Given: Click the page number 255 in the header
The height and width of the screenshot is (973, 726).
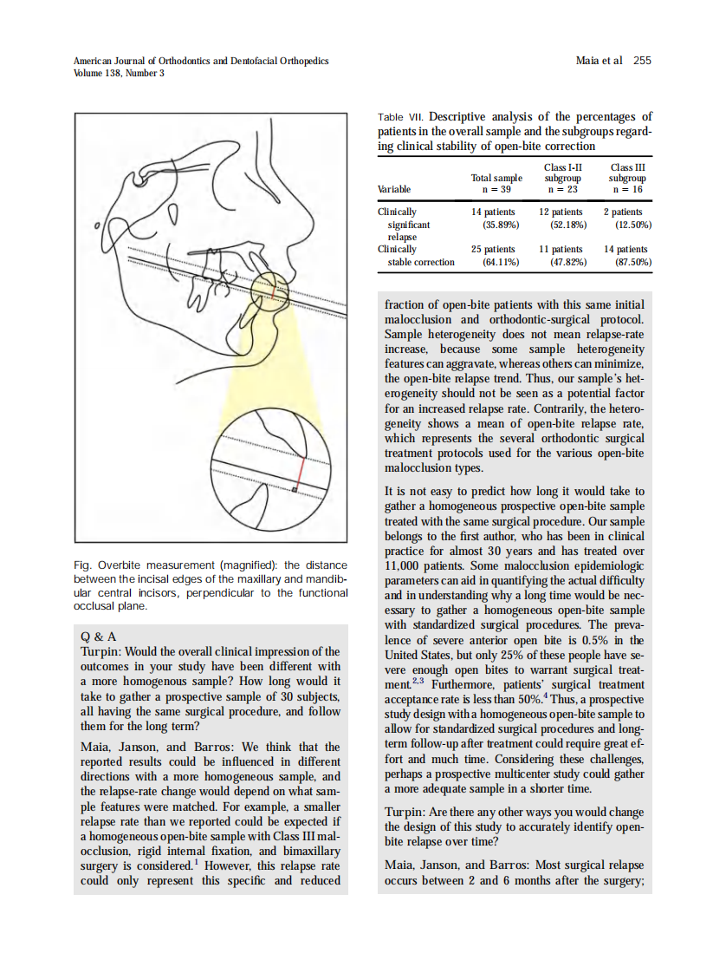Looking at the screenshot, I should [641, 61].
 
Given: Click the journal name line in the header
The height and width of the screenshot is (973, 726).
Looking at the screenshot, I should [201, 61].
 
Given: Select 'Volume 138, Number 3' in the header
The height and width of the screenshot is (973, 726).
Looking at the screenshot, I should [119, 73].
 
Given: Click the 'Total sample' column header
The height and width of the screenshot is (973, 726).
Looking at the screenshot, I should [496, 183].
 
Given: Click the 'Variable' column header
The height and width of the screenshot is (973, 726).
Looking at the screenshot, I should [394, 189].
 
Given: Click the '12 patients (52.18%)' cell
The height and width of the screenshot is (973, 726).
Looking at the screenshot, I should [561, 218].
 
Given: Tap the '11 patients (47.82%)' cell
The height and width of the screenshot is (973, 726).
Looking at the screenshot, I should [561, 255].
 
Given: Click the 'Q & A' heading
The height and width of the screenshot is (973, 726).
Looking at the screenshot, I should [98, 636].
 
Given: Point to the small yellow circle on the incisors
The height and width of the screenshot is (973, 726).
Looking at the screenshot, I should [271, 291].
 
